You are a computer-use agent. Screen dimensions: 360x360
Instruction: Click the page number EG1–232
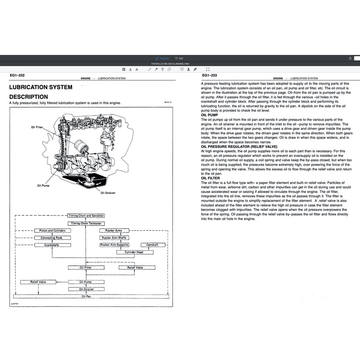(18, 75)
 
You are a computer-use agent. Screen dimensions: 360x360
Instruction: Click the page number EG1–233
(210, 75)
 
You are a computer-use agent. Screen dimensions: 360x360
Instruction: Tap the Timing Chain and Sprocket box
(86, 216)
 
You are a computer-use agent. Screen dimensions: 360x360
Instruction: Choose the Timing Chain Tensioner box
(86, 223)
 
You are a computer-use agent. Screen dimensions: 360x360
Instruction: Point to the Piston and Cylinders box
(52, 230)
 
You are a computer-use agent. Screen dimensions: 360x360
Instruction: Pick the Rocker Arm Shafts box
(114, 238)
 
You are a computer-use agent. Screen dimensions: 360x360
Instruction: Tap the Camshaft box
(152, 245)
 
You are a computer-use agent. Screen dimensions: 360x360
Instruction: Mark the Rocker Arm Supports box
(114, 245)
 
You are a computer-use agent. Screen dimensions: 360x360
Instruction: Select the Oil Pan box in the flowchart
(86, 296)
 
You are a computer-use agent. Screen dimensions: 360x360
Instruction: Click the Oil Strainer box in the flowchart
(86, 289)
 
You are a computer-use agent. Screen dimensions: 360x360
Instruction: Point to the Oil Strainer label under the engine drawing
(108, 193)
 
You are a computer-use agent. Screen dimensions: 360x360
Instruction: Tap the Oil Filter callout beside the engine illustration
(37, 127)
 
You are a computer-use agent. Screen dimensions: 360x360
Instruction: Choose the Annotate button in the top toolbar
(162, 58)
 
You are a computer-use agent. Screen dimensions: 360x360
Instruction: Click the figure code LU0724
(15, 303)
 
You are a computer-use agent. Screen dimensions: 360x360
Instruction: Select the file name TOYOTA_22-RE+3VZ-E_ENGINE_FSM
(179, 64)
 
